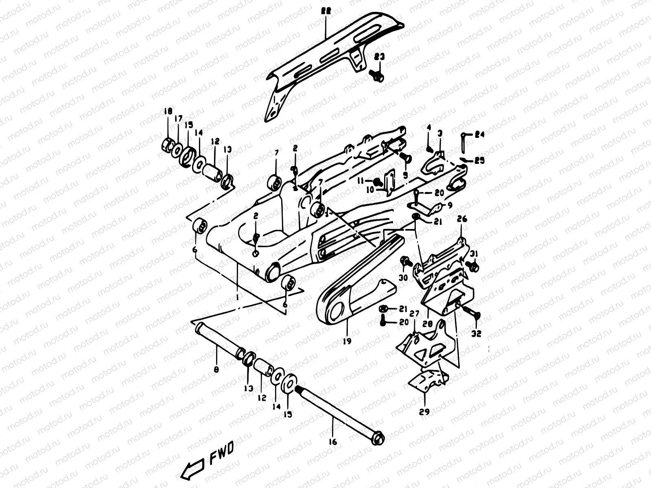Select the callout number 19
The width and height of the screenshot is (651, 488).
click(347, 341)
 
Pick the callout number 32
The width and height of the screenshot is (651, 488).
click(476, 333)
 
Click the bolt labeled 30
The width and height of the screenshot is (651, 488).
click(405, 261)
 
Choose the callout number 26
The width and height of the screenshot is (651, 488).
click(462, 219)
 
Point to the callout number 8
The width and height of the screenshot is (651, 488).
click(216, 370)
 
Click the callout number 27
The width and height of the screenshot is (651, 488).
click(414, 314)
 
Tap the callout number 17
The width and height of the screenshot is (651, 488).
click(178, 119)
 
